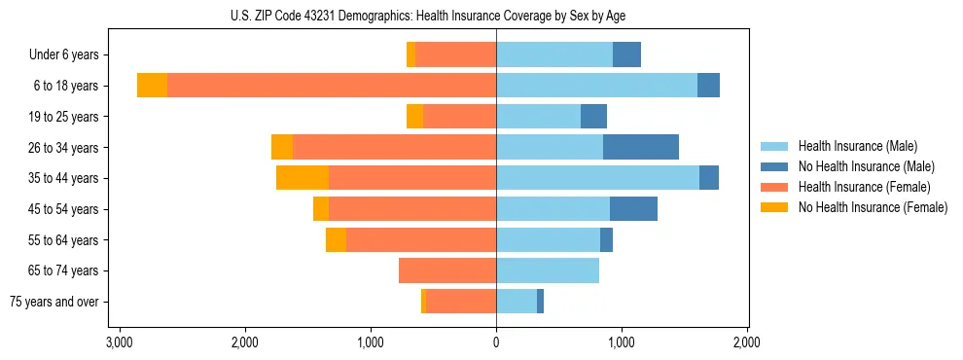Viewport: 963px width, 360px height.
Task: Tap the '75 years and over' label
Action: point(53,302)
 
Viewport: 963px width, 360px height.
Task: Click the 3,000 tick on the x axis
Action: point(119,342)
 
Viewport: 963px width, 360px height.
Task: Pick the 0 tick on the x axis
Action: point(496,342)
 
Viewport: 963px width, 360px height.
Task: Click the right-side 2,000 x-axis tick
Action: point(746,342)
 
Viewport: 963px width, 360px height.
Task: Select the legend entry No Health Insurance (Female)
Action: point(873,207)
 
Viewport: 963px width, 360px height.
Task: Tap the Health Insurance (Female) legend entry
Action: point(864,187)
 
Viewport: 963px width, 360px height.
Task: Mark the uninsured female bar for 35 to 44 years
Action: point(303,178)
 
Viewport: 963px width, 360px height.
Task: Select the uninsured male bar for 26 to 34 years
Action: point(641,147)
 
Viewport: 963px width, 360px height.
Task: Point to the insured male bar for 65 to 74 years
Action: point(548,270)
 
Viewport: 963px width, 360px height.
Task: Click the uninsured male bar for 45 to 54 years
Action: point(633,209)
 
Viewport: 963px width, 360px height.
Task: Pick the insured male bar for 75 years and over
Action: point(517,302)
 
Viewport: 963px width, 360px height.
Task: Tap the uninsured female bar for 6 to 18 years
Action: point(152,86)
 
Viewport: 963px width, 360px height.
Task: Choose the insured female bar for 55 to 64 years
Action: point(421,239)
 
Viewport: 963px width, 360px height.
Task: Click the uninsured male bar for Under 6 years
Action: point(626,54)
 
